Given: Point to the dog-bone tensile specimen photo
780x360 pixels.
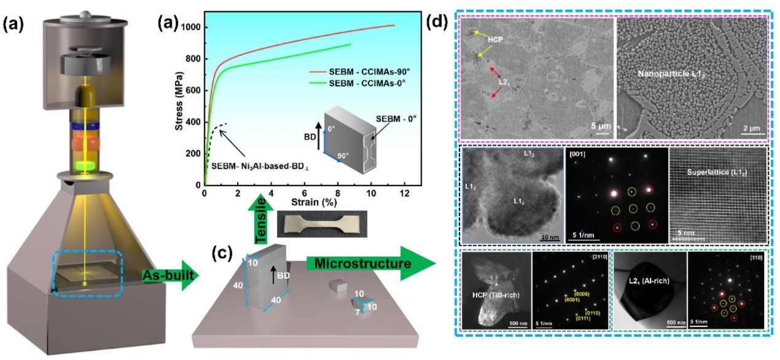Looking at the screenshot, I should coord(322,224).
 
